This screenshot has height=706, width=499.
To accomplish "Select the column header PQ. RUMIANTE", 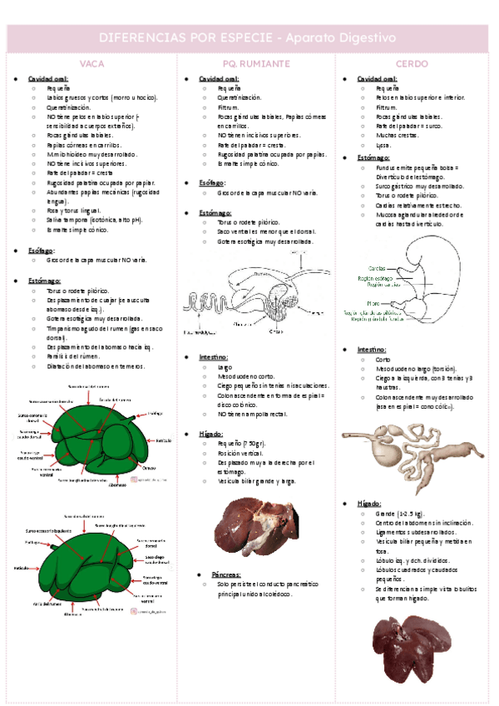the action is click(x=256, y=63).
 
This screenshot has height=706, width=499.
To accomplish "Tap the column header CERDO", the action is click(x=412, y=63).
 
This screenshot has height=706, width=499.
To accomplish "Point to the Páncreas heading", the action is click(x=226, y=574).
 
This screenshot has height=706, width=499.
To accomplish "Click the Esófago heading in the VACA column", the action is click(x=42, y=250).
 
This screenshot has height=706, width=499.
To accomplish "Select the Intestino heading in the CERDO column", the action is click(x=372, y=350).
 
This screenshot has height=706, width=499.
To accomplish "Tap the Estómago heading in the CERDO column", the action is click(x=373, y=157).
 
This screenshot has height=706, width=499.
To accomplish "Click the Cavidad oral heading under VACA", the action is click(x=48, y=78).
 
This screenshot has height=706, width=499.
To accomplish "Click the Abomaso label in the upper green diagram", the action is click(x=117, y=485).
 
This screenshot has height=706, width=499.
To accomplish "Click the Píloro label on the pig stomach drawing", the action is click(x=373, y=303).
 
